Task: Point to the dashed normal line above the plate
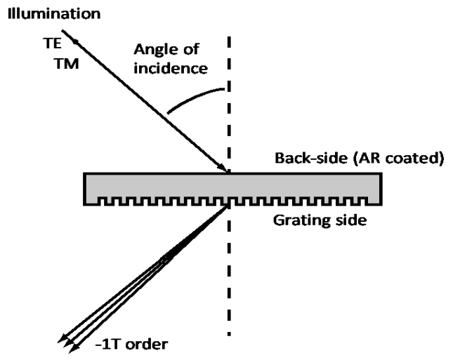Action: tap(230, 98)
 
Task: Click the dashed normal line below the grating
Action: tap(230, 281)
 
